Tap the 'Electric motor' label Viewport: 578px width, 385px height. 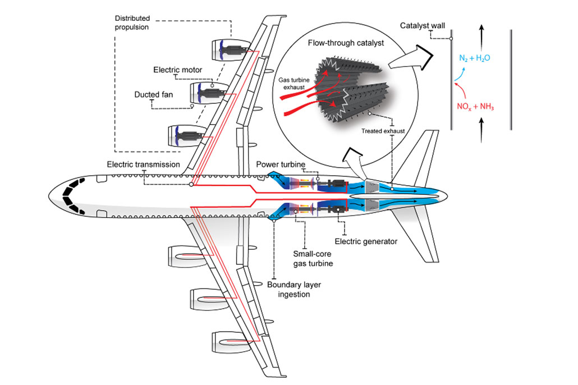pos(177,70)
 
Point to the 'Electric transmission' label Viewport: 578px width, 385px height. pos(144,164)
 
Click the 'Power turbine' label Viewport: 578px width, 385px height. pos(281,164)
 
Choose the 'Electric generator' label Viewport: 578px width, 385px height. pos(366,241)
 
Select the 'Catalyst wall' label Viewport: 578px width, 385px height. pos(423,26)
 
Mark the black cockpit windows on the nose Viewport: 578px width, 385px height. pos(72,196)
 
